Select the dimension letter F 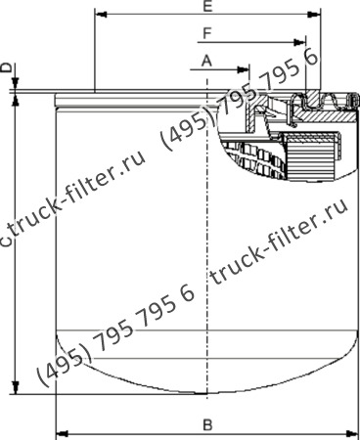point(205,34)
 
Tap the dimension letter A point(205,61)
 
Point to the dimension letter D point(7,67)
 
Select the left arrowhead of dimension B point(61,432)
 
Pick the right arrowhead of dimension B point(354,432)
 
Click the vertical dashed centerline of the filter point(209,244)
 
